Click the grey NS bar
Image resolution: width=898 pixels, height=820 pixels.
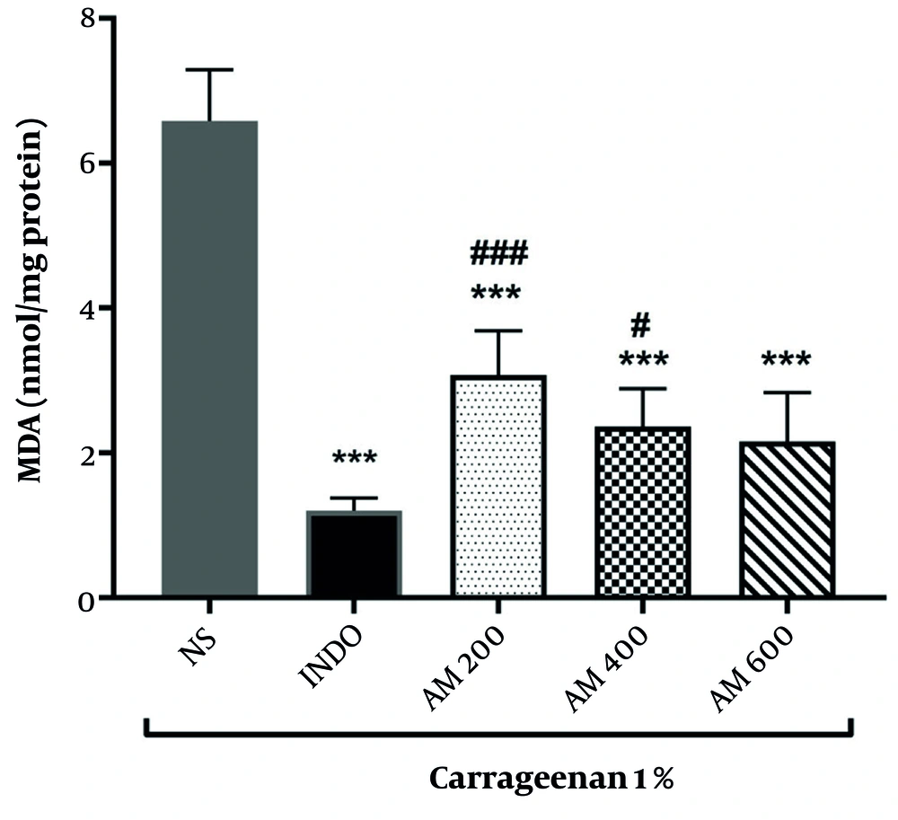(x=209, y=359)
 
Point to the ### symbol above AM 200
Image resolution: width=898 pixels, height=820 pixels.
(x=499, y=253)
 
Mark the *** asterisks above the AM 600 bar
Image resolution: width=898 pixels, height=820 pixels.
(x=786, y=361)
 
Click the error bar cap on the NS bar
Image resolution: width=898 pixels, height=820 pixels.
(x=209, y=70)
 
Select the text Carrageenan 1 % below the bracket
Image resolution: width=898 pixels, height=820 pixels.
(x=550, y=779)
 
